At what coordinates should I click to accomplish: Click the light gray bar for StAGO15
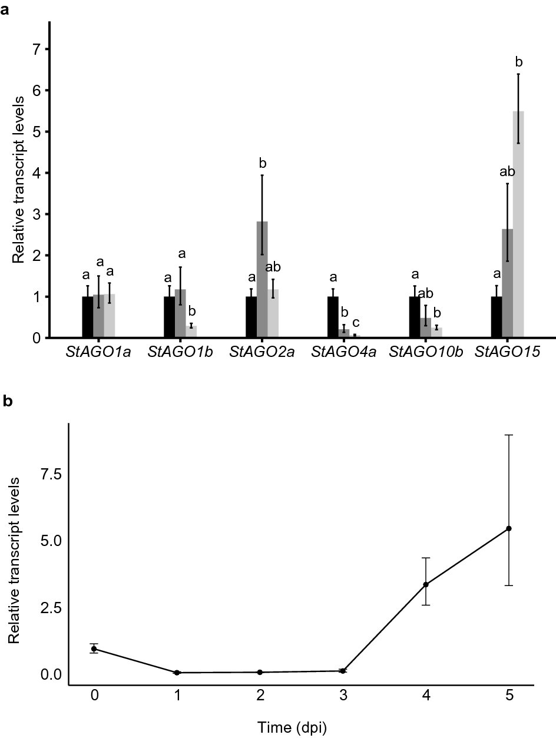(518, 224)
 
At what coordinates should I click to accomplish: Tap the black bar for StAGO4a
(333, 317)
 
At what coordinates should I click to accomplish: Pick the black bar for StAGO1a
(88, 317)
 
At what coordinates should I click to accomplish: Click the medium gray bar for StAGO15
(507, 283)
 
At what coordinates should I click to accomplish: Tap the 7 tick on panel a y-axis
(36, 49)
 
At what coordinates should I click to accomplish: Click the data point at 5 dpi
(509, 528)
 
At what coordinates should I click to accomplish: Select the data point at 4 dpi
(426, 584)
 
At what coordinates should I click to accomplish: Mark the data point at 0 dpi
(94, 648)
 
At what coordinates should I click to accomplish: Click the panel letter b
(7, 401)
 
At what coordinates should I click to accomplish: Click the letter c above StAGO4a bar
(355, 322)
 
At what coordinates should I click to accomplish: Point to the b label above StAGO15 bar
(518, 62)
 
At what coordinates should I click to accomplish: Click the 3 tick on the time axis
(343, 696)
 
